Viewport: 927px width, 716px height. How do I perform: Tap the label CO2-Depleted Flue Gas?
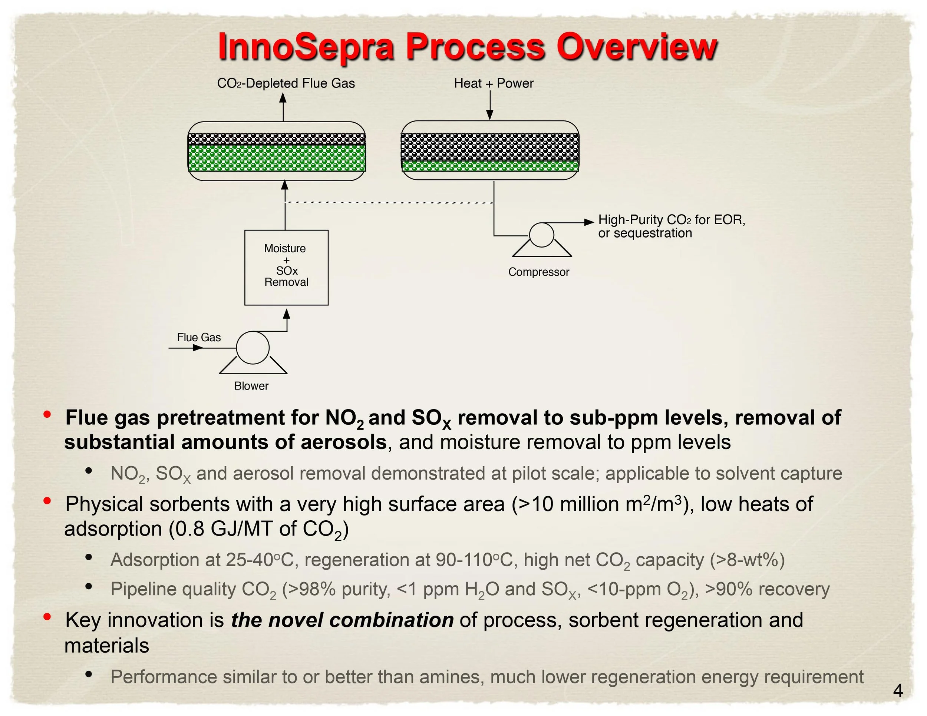pyautogui.click(x=286, y=83)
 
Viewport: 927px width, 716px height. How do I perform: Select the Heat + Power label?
pyautogui.click(x=493, y=83)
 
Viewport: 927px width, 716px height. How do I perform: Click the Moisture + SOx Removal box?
pyautogui.click(x=286, y=267)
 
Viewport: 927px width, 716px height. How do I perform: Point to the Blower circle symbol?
pyautogui.click(x=253, y=348)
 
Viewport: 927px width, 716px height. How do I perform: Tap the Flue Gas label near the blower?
pyautogui.click(x=199, y=337)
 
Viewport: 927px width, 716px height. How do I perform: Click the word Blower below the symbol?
pyautogui.click(x=251, y=386)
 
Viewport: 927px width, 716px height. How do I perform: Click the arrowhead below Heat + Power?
pyautogui.click(x=490, y=115)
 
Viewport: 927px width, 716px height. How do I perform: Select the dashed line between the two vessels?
pyautogui.click(x=388, y=202)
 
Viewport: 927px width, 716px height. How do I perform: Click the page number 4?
pyautogui.click(x=898, y=691)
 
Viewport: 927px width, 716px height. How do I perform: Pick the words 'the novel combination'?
pyautogui.click(x=342, y=620)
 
